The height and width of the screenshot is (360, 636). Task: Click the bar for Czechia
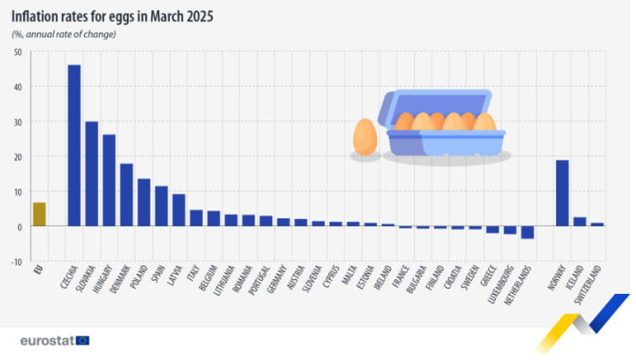coord(74,145)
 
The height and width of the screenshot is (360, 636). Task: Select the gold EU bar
coord(39,214)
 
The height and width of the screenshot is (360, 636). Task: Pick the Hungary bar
coord(109,180)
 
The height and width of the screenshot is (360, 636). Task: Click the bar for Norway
coord(562,193)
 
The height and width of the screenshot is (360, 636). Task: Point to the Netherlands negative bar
coord(528,232)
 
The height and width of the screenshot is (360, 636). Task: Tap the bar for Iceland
coord(580,222)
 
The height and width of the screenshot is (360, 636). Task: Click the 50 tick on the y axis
coord(18,52)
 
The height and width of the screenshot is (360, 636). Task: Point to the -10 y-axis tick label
coord(17,262)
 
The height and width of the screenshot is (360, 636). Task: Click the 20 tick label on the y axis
coord(18,157)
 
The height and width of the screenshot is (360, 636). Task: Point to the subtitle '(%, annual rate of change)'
coord(64,34)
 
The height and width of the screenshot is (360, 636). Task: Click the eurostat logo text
coord(47,339)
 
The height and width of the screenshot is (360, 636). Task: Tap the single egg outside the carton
coord(365,137)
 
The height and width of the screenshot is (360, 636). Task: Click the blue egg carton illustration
coord(444,125)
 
